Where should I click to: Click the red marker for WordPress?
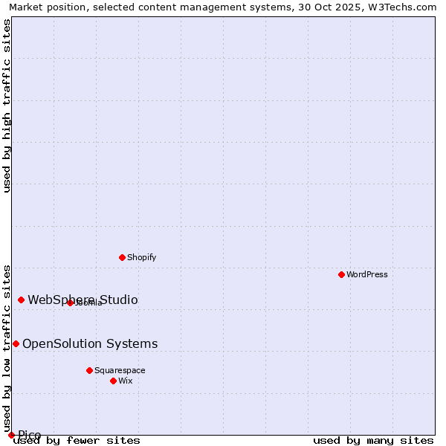pyautogui.click(x=341, y=274)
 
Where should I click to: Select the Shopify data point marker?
pyautogui.click(x=122, y=257)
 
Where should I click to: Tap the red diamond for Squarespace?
pyautogui.click(x=89, y=370)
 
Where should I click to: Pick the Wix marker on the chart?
pyautogui.click(x=113, y=381)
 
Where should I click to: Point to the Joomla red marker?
pyautogui.click(x=70, y=303)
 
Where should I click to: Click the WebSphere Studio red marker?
pyautogui.click(x=21, y=300)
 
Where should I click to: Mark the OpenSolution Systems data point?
pyautogui.click(x=16, y=343)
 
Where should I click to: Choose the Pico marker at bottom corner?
pyautogui.click(x=11, y=435)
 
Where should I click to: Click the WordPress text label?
pyautogui.click(x=367, y=274)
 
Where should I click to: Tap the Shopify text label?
pyautogui.click(x=141, y=257)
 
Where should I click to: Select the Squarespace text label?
pyautogui.click(x=120, y=370)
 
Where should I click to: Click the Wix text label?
pyautogui.click(x=125, y=381)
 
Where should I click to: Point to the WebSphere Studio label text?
pyautogui.click(x=83, y=300)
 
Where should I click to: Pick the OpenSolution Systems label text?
pyautogui.click(x=90, y=343)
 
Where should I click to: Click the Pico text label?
pyautogui.click(x=30, y=435)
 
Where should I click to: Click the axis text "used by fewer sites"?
pyautogui.click(x=77, y=441)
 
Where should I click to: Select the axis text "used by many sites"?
pyautogui.click(x=373, y=441)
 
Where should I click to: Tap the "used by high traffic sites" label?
pyautogui.click(x=7, y=106)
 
